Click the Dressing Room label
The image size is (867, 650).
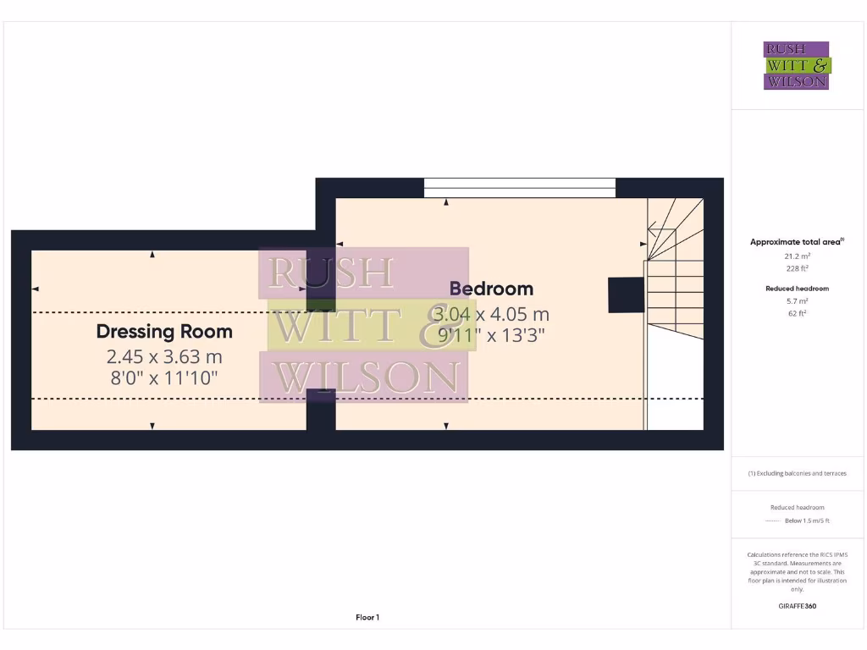(164, 331)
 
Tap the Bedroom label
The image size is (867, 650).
(491, 289)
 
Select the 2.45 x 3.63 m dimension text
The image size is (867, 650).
(164, 356)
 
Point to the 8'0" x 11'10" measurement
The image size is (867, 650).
(164, 378)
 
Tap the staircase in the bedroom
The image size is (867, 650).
(675, 288)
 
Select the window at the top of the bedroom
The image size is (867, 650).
(519, 187)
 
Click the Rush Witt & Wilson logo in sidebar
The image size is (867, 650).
(796, 66)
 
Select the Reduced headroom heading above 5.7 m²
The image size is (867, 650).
(797, 289)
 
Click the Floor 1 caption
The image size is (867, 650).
(367, 618)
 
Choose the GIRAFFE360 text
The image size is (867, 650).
(797, 606)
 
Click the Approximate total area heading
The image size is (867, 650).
(796, 242)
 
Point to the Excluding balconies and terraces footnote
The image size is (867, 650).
(797, 473)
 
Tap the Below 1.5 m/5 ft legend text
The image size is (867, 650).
(807, 521)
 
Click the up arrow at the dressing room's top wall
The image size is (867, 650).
(152, 254)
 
